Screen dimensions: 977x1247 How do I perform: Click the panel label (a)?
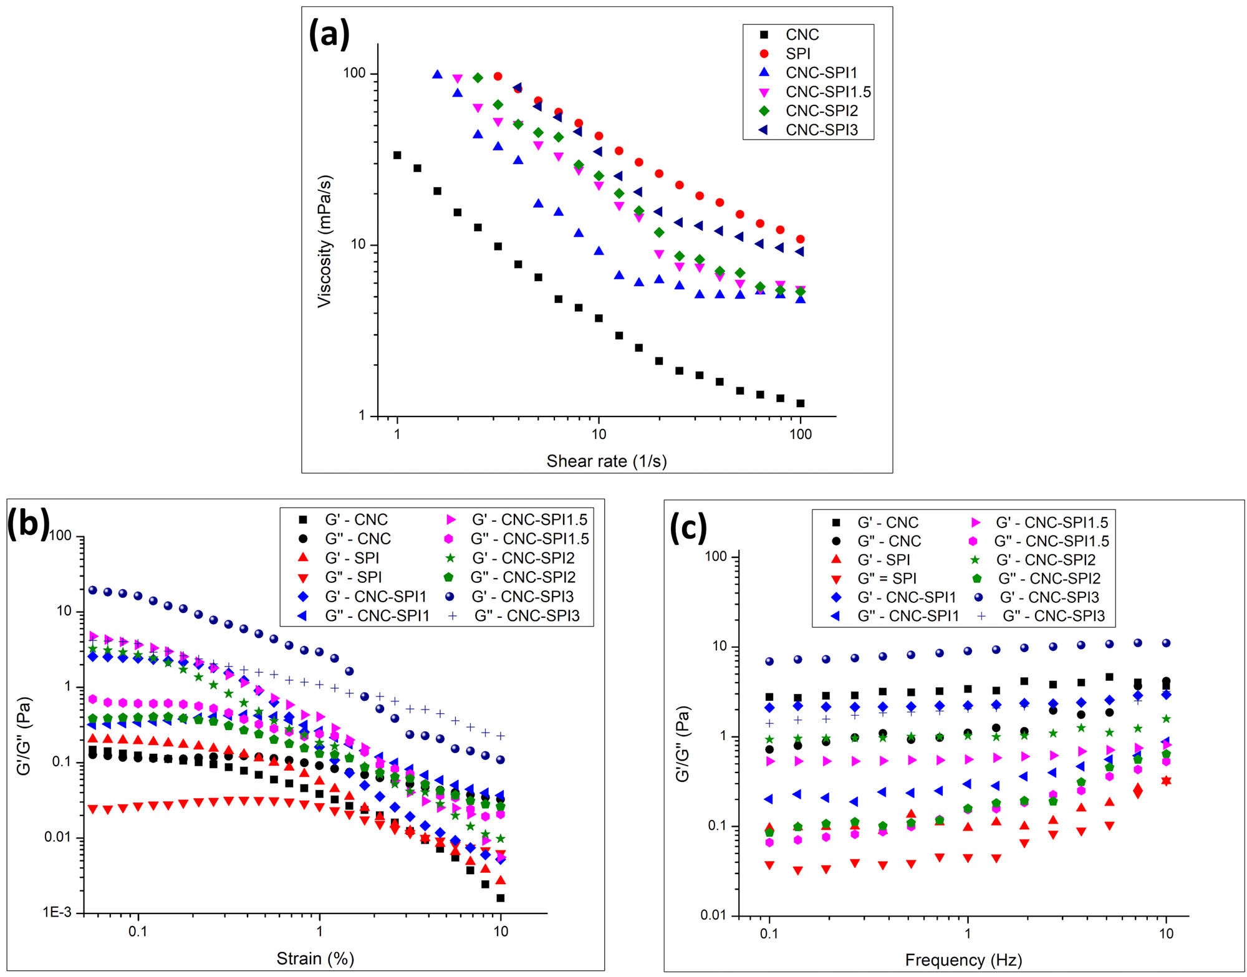click(x=329, y=34)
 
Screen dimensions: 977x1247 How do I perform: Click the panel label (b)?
click(x=28, y=522)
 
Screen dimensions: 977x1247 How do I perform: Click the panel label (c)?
click(x=688, y=527)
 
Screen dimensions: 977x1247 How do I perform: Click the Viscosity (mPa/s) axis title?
click(x=325, y=241)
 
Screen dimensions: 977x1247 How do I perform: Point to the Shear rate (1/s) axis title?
click(x=606, y=461)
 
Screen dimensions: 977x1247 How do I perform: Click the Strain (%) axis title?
click(x=315, y=958)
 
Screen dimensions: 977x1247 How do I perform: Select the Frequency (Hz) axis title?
click(x=963, y=960)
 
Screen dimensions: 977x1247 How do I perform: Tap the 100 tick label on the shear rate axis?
click(x=800, y=434)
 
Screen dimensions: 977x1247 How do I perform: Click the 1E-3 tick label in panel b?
click(x=57, y=912)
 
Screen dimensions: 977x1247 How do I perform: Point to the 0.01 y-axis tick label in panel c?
click(x=714, y=915)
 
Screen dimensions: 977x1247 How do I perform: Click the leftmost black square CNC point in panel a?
click(x=397, y=155)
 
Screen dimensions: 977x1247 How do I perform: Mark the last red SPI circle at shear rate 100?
click(x=800, y=239)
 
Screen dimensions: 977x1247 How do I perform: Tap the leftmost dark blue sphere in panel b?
click(x=93, y=590)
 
